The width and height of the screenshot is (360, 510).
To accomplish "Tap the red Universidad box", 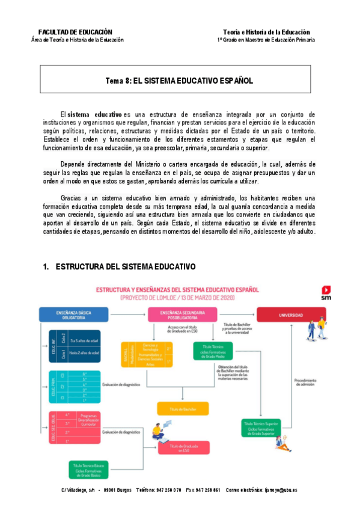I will tap(290, 313).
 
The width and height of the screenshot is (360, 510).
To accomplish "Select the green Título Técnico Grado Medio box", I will tap(212, 351).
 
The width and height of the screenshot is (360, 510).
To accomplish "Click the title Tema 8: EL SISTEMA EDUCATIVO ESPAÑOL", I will tap(179, 80).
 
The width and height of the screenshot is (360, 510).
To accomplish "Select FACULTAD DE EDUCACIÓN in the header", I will tap(75, 32).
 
